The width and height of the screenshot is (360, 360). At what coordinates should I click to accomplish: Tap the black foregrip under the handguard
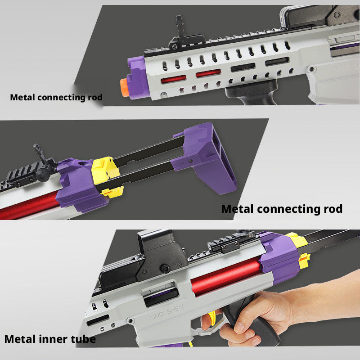(x=252, y=92)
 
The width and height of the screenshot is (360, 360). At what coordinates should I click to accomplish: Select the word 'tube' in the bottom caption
(x=83, y=339)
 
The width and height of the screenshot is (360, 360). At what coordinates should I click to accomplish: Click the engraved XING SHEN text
(x=166, y=312)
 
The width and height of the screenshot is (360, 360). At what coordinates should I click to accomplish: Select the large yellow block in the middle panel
(x=104, y=170)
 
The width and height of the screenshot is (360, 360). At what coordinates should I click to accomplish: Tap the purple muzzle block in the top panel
(x=137, y=77)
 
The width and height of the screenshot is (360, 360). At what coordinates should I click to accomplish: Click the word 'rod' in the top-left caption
(x=95, y=97)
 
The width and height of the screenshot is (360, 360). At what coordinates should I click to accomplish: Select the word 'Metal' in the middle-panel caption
(x=238, y=209)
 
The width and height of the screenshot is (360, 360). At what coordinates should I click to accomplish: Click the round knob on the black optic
(x=165, y=268)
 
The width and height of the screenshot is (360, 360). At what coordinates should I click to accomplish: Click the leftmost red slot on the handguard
(x=174, y=79)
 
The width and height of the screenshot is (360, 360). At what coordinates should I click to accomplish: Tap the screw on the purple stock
(x=190, y=161)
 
